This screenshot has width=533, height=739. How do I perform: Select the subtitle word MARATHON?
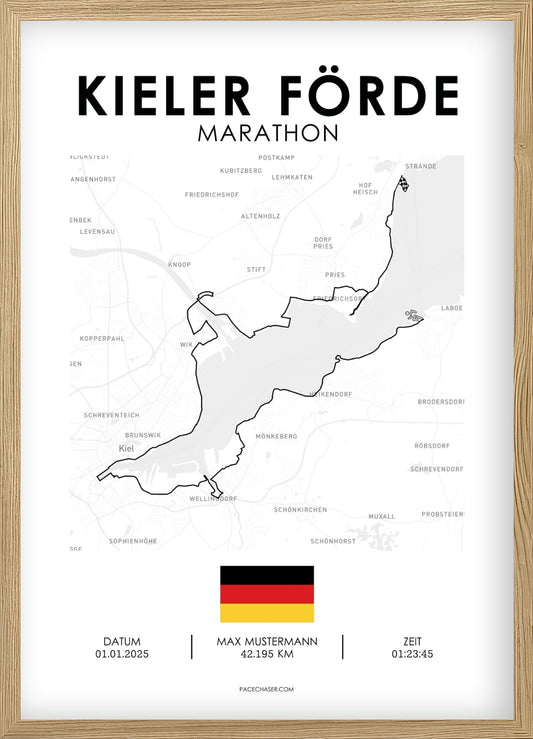click(267, 132)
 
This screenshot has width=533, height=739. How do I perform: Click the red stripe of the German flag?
click(266, 594)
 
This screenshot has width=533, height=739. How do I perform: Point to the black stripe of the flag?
click(266, 575)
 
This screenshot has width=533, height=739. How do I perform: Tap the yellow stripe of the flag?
click(266, 613)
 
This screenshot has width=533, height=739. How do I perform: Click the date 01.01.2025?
click(121, 655)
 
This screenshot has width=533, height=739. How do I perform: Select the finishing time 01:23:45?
click(412, 655)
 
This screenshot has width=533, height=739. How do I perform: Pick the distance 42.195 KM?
click(266, 655)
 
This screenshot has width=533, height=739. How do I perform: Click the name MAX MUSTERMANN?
click(266, 641)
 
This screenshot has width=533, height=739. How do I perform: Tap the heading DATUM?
click(121, 641)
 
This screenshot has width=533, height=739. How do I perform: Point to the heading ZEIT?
click(412, 641)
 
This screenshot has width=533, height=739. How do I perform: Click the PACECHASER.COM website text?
click(266, 689)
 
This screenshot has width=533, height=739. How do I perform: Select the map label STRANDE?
click(419, 166)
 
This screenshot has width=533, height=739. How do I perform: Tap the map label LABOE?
click(452, 308)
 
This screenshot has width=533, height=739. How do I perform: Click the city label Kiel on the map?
click(126, 448)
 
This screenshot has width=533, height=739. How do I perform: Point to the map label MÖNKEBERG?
click(277, 436)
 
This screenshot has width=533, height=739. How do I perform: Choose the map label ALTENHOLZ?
click(259, 215)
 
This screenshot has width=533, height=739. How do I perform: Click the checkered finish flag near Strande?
click(404, 184)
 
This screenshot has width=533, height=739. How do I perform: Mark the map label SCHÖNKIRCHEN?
click(300, 509)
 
